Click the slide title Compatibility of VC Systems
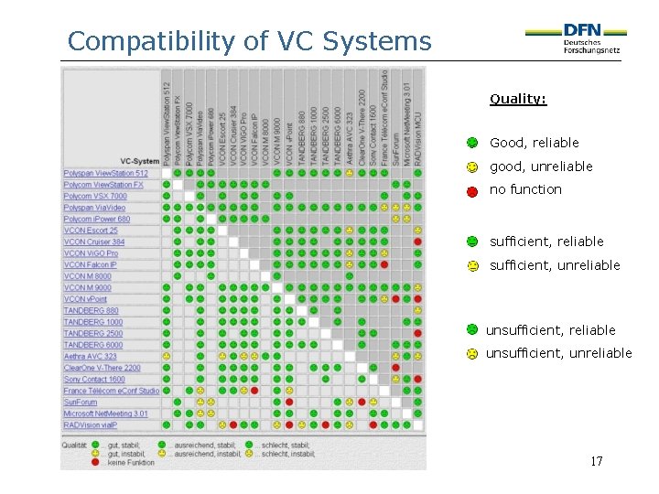click(x=249, y=41)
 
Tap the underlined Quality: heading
click(x=518, y=99)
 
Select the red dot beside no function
click(x=472, y=191)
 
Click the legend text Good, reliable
click(x=535, y=143)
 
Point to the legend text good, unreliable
click(x=541, y=166)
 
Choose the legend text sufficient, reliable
click(x=546, y=242)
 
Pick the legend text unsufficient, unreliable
click(x=558, y=353)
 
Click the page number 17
click(x=596, y=461)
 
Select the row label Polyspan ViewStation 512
click(x=105, y=174)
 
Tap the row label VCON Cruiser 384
click(x=94, y=242)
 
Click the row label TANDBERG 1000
click(x=93, y=322)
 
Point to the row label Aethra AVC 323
click(x=91, y=357)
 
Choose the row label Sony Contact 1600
click(x=94, y=380)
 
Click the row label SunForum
click(x=81, y=403)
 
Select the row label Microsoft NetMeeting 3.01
click(x=105, y=413)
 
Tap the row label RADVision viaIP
click(x=92, y=425)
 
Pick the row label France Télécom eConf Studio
click(x=111, y=391)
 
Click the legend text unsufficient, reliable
click(x=550, y=330)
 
